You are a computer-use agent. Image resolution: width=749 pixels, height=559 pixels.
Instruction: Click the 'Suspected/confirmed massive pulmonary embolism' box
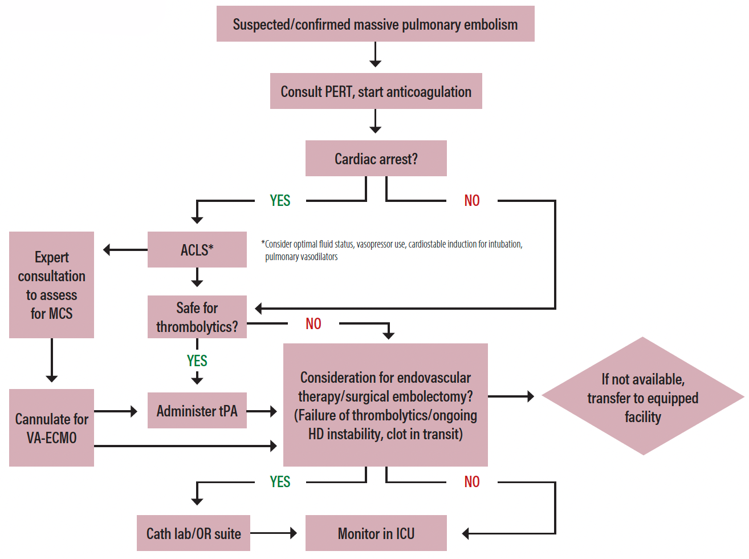(x=375, y=24)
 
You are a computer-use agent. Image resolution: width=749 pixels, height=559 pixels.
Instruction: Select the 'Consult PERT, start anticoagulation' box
(x=376, y=91)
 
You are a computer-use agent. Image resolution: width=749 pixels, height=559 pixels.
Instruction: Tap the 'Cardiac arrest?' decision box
(x=376, y=159)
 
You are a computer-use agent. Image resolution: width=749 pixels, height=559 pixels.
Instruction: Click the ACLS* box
(x=197, y=250)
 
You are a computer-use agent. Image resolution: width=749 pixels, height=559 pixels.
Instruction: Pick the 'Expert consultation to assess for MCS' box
(x=51, y=285)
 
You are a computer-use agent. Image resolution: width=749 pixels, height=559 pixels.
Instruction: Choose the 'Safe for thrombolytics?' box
(x=197, y=317)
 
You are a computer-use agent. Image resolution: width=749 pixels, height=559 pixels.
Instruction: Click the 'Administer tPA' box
(x=197, y=411)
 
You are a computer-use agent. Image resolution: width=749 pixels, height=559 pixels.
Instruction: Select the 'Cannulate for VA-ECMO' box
(x=51, y=428)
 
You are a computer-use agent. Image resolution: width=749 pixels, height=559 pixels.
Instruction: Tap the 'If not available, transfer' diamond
(x=642, y=397)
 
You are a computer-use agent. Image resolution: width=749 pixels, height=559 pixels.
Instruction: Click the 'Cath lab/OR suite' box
(x=193, y=533)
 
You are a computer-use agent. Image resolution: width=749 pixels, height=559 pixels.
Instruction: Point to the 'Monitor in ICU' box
(x=376, y=533)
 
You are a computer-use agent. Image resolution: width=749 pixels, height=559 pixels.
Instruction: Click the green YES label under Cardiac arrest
(x=280, y=201)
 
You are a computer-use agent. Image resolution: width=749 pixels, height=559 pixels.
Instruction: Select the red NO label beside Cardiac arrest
(x=471, y=201)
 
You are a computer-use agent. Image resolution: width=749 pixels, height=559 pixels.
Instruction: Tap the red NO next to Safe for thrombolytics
(x=313, y=324)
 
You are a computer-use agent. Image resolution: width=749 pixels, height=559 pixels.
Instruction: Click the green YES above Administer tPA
(x=197, y=361)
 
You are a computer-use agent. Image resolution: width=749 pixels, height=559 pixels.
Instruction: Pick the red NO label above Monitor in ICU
(x=471, y=482)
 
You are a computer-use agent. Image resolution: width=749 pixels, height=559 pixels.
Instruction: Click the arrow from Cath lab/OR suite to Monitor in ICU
(x=274, y=533)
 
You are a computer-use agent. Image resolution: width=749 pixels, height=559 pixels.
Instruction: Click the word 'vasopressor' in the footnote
(x=374, y=244)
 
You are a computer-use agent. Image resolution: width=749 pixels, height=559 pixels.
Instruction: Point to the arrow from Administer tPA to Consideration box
(x=262, y=411)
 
